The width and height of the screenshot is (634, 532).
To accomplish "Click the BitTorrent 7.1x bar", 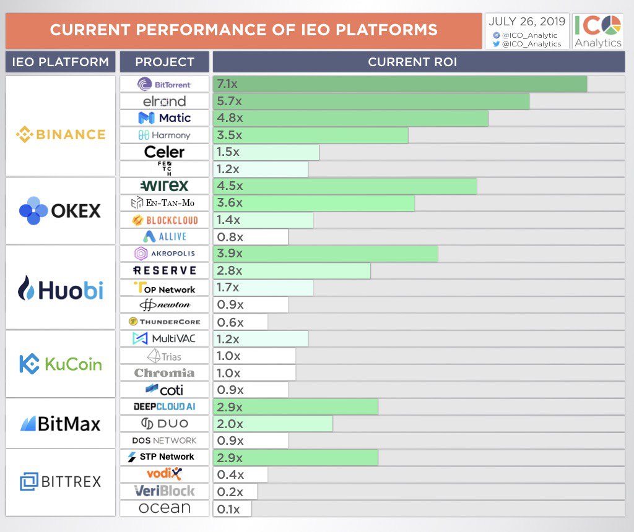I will click(399, 84).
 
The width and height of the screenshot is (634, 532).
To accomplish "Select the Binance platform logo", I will click(61, 134).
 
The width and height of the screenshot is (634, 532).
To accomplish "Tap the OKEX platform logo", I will click(60, 211).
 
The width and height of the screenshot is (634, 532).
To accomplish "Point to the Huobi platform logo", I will click(61, 288).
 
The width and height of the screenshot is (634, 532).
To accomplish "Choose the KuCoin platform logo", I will click(61, 364).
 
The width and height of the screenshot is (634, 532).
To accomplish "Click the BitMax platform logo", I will click(61, 424).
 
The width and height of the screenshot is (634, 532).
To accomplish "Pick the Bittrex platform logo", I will click(61, 481).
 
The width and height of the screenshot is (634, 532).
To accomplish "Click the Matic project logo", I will click(165, 118).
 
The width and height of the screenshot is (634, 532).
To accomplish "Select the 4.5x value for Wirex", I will click(230, 186).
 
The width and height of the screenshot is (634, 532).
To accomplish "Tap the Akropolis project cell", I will click(165, 254).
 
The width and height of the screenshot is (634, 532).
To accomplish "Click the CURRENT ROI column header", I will click(412, 62).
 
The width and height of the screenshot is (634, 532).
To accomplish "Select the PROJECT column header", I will click(165, 62).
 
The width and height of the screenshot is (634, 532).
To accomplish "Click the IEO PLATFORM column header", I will click(60, 62).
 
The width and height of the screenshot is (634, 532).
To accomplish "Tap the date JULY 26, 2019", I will click(527, 22).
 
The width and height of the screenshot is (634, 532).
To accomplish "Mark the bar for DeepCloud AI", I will click(295, 407).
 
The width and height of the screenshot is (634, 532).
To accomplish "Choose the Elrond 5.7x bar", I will click(371, 101).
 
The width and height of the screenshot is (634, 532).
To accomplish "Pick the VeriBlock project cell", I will click(165, 491).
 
